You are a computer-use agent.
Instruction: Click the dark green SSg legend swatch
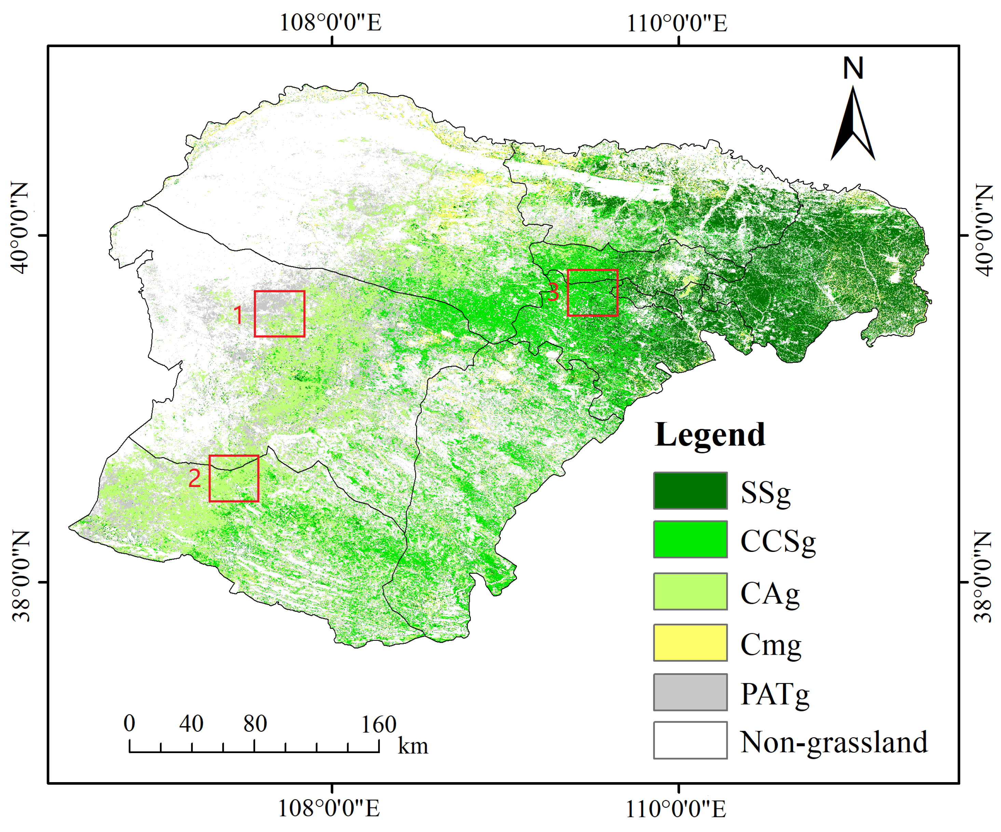[690, 490]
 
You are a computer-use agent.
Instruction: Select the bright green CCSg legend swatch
[690, 539]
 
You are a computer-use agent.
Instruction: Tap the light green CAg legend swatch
[690, 591]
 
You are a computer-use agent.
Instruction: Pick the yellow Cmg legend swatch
[690, 642]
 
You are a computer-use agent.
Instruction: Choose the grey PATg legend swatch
[690, 692]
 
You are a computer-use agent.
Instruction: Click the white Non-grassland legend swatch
[690, 740]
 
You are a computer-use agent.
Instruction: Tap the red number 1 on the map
[238, 315]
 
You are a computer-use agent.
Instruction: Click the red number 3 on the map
[553, 292]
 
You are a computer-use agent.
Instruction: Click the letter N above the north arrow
[853, 68]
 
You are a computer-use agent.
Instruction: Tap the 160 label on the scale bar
[379, 725]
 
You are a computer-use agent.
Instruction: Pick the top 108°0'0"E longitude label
[330, 23]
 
